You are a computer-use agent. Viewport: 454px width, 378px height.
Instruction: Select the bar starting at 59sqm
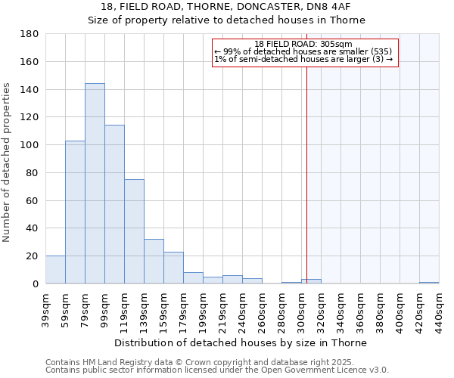click(75, 212)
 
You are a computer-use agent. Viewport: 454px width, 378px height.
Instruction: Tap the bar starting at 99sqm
click(114, 204)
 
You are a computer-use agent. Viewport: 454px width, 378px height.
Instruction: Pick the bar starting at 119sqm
click(134, 231)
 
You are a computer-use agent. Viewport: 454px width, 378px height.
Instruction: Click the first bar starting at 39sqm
click(55, 270)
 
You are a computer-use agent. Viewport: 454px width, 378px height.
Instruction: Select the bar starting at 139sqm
click(154, 262)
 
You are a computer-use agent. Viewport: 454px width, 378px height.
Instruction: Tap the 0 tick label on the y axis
click(35, 284)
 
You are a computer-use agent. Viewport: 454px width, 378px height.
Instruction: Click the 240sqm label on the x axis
click(242, 308)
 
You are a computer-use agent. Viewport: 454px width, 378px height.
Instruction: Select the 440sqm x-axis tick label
click(439, 308)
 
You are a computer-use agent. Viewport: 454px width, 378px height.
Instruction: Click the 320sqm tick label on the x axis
click(321, 308)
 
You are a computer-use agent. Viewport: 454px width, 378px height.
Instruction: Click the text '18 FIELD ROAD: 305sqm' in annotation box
click(303, 45)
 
